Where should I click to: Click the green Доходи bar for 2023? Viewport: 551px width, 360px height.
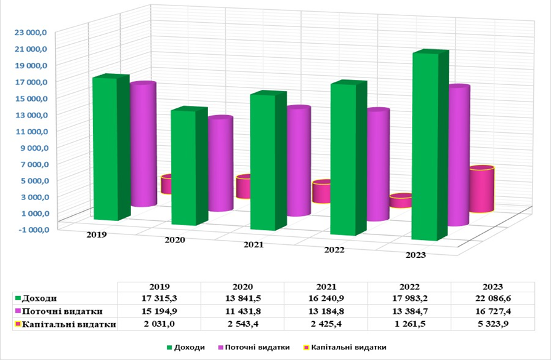[430, 145]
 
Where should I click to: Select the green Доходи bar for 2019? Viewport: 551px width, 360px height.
[110, 148]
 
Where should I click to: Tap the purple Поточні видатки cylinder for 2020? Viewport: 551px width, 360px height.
[220, 164]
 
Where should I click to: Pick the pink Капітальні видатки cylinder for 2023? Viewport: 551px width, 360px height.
[482, 189]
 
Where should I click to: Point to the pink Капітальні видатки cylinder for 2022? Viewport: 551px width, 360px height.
[401, 201]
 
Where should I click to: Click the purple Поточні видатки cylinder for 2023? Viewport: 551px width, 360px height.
[459, 155]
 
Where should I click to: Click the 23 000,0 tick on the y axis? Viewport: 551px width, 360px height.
[30, 33]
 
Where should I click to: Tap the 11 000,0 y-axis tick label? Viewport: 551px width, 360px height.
[30, 131]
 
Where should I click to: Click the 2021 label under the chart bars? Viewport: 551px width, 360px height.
[254, 245]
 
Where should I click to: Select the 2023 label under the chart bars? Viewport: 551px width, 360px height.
[416, 255]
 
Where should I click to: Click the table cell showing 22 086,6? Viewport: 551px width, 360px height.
[493, 298]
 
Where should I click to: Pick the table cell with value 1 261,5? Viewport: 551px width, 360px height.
[409, 324]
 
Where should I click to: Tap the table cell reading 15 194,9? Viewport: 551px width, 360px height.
[159, 311]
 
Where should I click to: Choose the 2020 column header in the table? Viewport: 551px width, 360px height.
[243, 287]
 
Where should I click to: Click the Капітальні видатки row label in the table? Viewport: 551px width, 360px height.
[65, 324]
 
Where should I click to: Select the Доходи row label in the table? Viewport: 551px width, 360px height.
[36, 298]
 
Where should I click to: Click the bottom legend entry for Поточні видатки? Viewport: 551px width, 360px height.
[254, 347]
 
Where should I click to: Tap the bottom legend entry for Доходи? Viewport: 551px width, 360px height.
[185, 347]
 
